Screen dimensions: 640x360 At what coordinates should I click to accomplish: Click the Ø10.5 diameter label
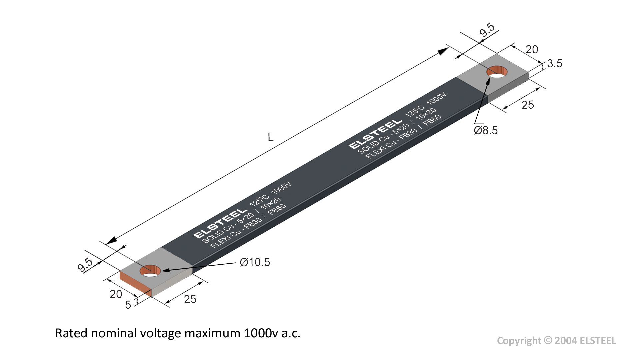[255, 262]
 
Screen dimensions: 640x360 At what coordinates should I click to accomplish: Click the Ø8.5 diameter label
[486, 130]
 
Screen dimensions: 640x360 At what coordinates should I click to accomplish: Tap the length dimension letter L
[271, 137]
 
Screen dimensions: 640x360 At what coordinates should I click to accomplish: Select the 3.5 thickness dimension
[555, 63]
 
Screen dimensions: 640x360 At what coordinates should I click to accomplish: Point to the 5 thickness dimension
[128, 305]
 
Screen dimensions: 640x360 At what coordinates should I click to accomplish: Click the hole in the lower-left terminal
[150, 271]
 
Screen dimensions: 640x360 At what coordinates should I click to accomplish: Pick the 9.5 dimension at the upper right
[487, 30]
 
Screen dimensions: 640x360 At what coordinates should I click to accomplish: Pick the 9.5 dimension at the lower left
[85, 265]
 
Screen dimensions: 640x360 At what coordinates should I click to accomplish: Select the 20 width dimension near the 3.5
[532, 49]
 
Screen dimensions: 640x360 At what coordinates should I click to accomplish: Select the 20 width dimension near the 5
[116, 294]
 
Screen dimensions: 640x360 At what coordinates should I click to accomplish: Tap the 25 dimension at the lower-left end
[190, 299]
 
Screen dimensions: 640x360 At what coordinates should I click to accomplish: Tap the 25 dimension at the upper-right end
[528, 105]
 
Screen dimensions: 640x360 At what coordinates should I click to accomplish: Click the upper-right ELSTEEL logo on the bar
[375, 134]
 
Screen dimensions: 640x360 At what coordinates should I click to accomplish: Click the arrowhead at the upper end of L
[443, 51]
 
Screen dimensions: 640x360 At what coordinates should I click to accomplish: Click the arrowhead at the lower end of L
[111, 240]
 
